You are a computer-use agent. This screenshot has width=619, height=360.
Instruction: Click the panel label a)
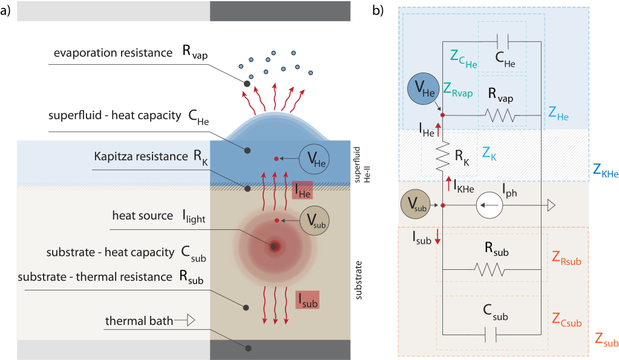[x=7, y=10]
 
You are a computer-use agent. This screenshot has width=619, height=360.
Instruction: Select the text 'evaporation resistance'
[x=113, y=53]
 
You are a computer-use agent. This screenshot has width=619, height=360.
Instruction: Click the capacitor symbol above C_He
[x=502, y=41]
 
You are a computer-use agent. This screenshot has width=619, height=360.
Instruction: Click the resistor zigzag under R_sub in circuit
[x=490, y=269]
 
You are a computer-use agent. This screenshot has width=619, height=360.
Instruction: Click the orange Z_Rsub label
[x=566, y=261]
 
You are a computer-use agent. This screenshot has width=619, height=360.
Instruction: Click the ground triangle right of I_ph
[x=551, y=206]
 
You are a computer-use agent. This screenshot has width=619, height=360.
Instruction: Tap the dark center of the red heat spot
[x=275, y=246]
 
